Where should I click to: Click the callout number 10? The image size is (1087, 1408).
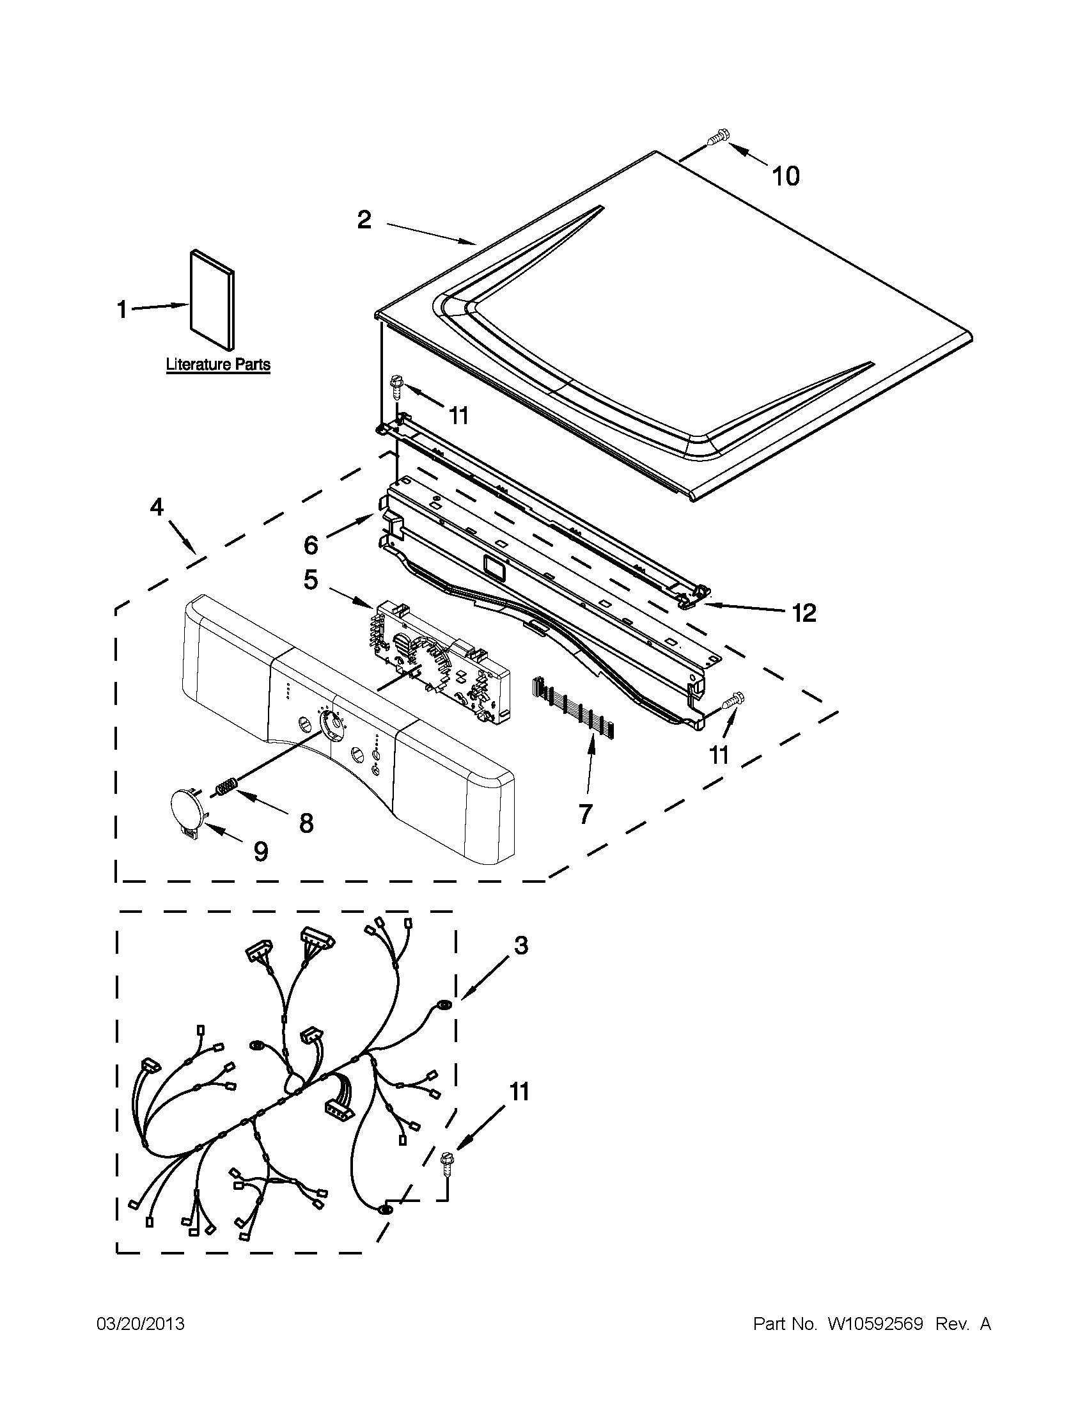pos(785,176)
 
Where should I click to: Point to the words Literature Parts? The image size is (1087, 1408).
pos(219,364)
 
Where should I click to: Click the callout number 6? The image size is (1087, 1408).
pos(311,546)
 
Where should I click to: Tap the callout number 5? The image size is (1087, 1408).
pos(311,580)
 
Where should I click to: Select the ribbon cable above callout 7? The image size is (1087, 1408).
pos(573,707)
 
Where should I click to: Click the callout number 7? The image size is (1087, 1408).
pos(585,814)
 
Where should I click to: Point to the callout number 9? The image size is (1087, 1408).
pos(260,851)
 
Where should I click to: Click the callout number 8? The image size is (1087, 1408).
pos(306,823)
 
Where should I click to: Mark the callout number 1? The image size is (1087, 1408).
pos(121,310)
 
